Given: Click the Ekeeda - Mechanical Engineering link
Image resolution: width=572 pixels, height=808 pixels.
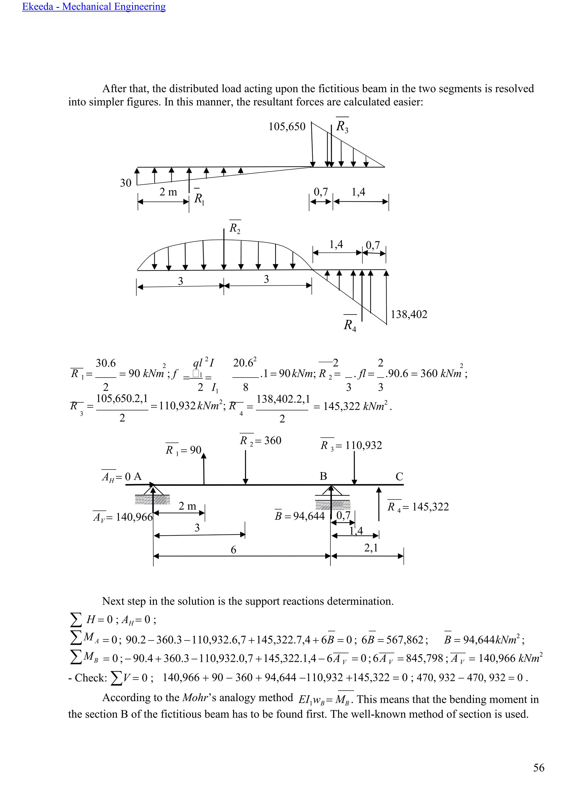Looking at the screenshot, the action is pyautogui.click(x=94, y=7).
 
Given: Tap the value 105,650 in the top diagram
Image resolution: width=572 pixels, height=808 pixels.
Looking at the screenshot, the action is pyautogui.click(x=287, y=127).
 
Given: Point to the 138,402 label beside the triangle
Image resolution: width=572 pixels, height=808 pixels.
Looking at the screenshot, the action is pyautogui.click(x=409, y=314).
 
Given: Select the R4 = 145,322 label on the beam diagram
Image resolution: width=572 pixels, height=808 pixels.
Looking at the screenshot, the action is pyautogui.click(x=418, y=507).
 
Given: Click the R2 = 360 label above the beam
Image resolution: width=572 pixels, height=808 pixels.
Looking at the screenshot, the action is pyautogui.click(x=260, y=441).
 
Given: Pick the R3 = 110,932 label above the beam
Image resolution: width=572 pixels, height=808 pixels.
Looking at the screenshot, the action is pyautogui.click(x=351, y=446).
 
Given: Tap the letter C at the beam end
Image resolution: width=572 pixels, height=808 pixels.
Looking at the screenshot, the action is pyautogui.click(x=399, y=477).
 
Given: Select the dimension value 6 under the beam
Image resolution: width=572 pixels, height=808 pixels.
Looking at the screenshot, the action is pyautogui.click(x=233, y=550).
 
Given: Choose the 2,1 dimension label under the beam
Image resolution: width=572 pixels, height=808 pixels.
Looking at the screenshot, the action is pyautogui.click(x=371, y=548).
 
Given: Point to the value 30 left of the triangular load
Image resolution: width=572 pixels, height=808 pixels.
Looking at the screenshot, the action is pyautogui.click(x=126, y=183).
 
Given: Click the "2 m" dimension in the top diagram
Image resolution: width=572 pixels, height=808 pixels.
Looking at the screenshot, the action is pyautogui.click(x=168, y=192).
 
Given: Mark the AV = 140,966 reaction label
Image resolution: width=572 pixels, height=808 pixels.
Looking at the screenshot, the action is pyautogui.click(x=123, y=517).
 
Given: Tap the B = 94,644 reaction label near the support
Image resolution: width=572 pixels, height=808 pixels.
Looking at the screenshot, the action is pyautogui.click(x=299, y=516).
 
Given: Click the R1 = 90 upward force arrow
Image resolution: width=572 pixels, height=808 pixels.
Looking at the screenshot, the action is pyautogui.click(x=204, y=468).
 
